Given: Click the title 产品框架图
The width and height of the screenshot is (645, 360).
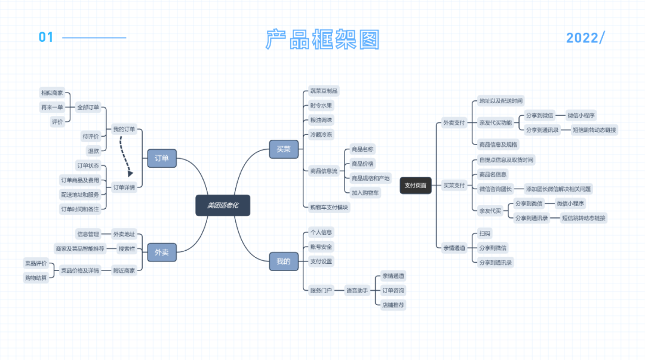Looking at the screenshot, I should point(322,39).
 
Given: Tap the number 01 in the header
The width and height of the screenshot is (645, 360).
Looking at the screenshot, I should point(46,38).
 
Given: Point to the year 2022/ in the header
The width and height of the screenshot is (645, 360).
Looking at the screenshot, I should point(585,38).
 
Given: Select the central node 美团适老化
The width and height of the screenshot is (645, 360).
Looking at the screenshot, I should point(223,205).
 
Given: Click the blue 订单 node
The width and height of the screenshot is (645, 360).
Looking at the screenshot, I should point(162,158).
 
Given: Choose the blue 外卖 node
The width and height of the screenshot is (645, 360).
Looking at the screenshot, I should point(162,252).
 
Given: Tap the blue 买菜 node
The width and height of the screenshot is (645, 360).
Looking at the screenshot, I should point(284,149).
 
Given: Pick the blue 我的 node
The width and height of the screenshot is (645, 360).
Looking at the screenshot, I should point(284,261).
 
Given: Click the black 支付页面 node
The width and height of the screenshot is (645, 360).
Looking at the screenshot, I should point(415,185).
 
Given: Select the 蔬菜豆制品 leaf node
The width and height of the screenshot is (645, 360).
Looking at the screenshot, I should point(324,91).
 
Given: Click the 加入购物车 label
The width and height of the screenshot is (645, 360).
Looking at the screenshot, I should point(365,192).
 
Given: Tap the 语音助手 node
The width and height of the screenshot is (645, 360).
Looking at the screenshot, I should point(357,290).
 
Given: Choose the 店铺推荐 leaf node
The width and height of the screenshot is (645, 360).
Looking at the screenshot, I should point(393,304).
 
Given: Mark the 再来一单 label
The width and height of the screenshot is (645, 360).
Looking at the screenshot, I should point(52,107).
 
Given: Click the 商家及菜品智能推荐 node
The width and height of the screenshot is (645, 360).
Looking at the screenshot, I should point(79,248).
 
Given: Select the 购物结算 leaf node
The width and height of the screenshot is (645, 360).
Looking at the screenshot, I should point(36,278).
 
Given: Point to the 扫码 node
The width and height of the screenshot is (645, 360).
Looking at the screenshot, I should point(484,233).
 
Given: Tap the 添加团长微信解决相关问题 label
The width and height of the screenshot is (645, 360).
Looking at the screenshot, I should point(558,189).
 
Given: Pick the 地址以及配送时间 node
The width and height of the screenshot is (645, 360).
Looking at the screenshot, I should point(500,101).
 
